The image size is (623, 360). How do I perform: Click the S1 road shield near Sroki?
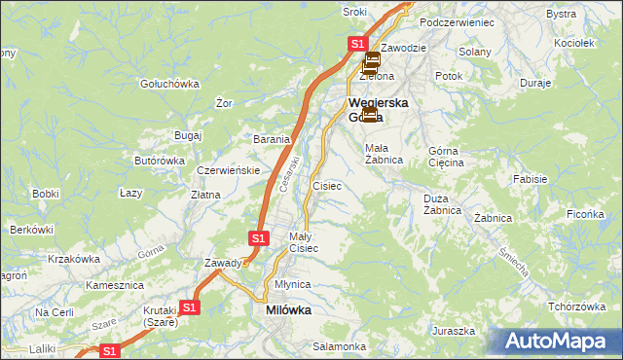click(357, 44)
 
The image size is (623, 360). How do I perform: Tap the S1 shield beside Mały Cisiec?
click(258, 237)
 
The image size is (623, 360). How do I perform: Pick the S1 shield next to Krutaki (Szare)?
click(189, 307)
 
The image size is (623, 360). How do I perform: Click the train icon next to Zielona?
click(371, 63)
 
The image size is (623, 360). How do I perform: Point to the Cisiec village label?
click(326, 185)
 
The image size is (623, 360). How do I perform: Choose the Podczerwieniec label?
click(457, 21)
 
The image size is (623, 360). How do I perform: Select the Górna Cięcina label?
click(447, 157)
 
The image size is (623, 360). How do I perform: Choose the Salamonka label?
click(339, 346)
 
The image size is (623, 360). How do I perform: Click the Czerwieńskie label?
click(227, 169)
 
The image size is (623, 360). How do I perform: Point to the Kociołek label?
click(572, 43)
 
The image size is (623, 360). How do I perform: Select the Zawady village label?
click(223, 263)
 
